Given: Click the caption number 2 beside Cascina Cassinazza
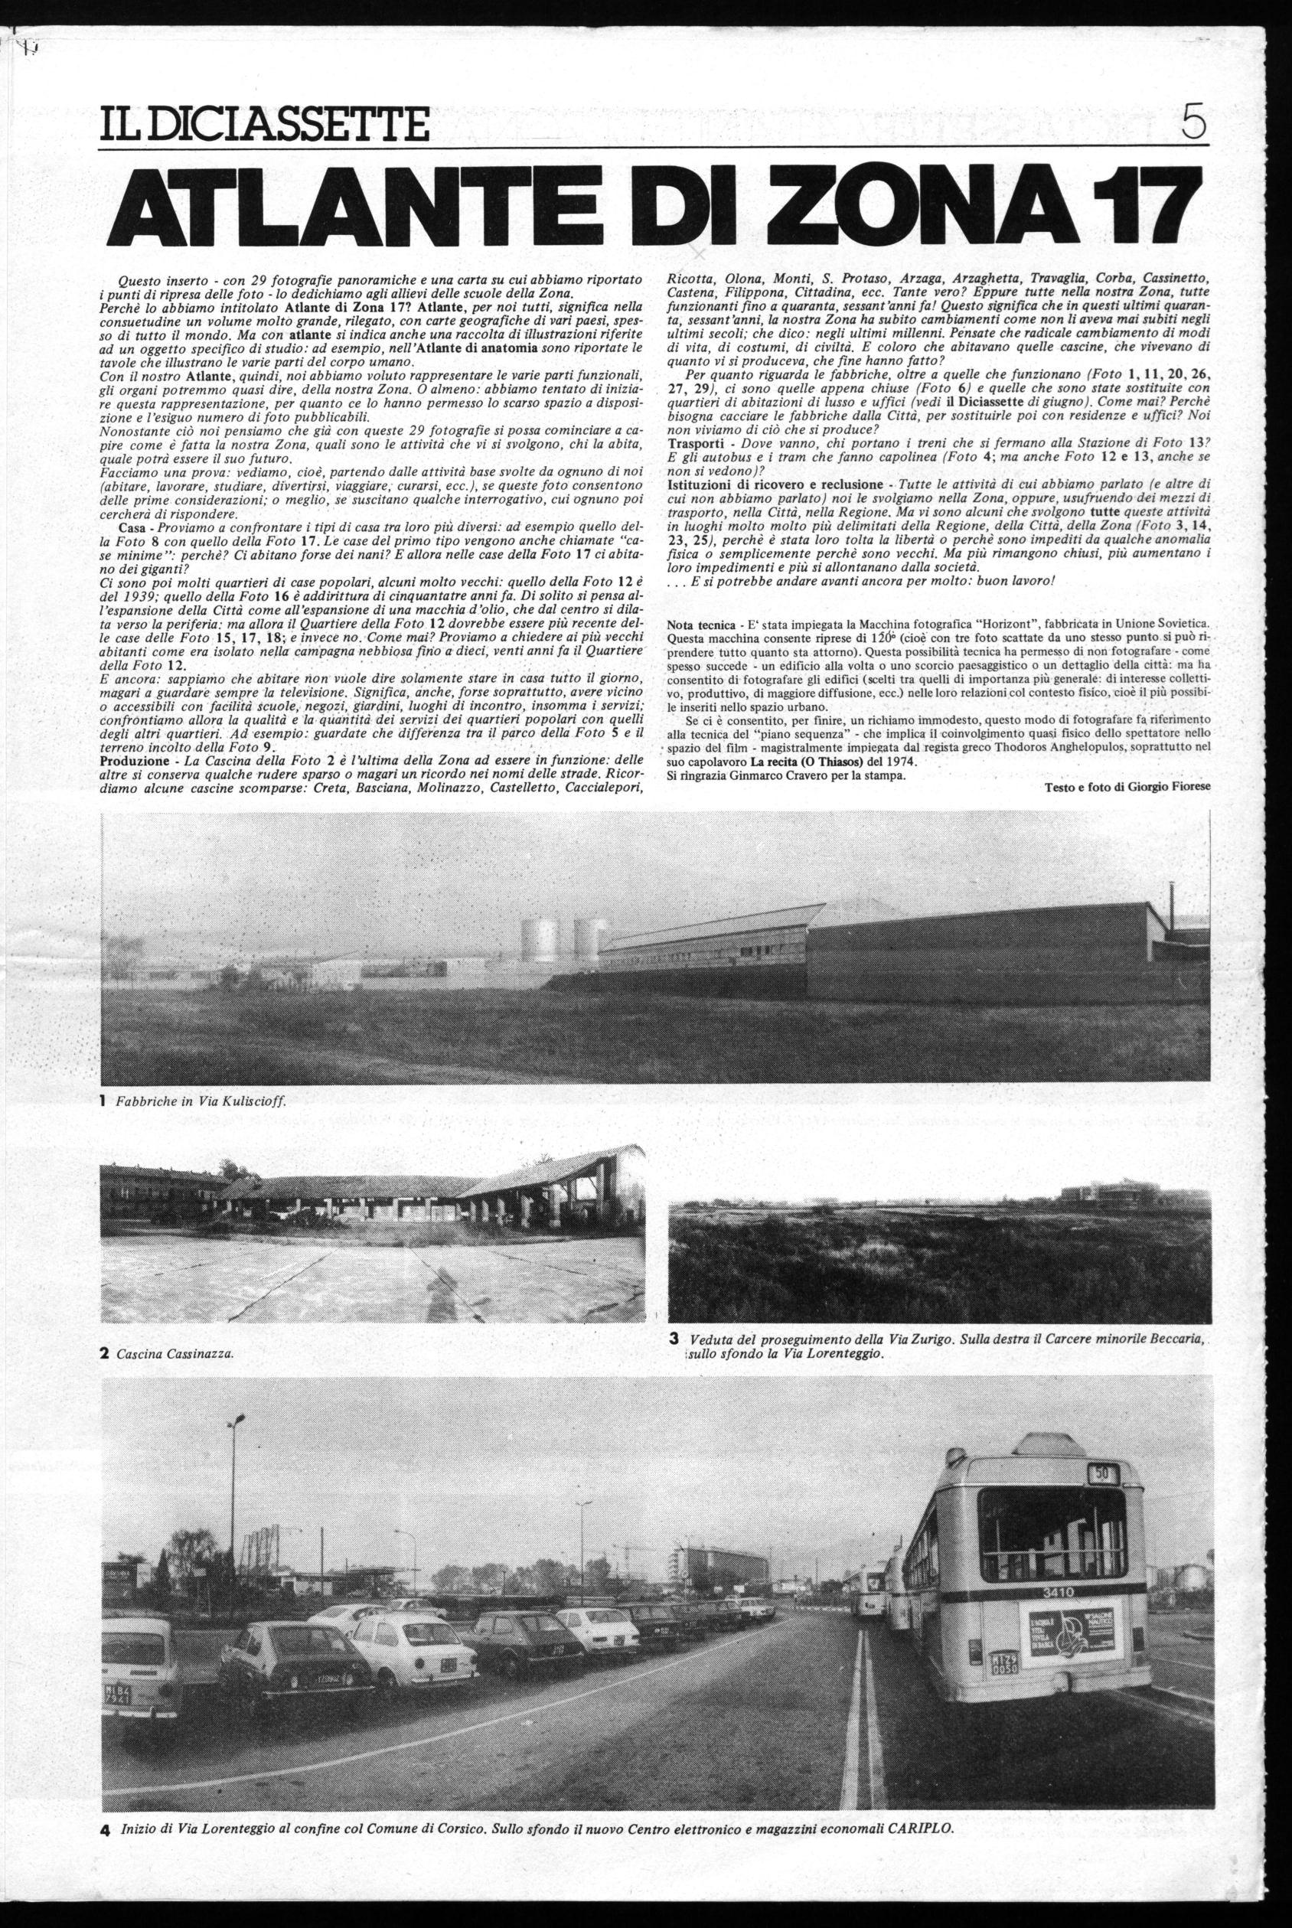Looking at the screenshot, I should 105,1352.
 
